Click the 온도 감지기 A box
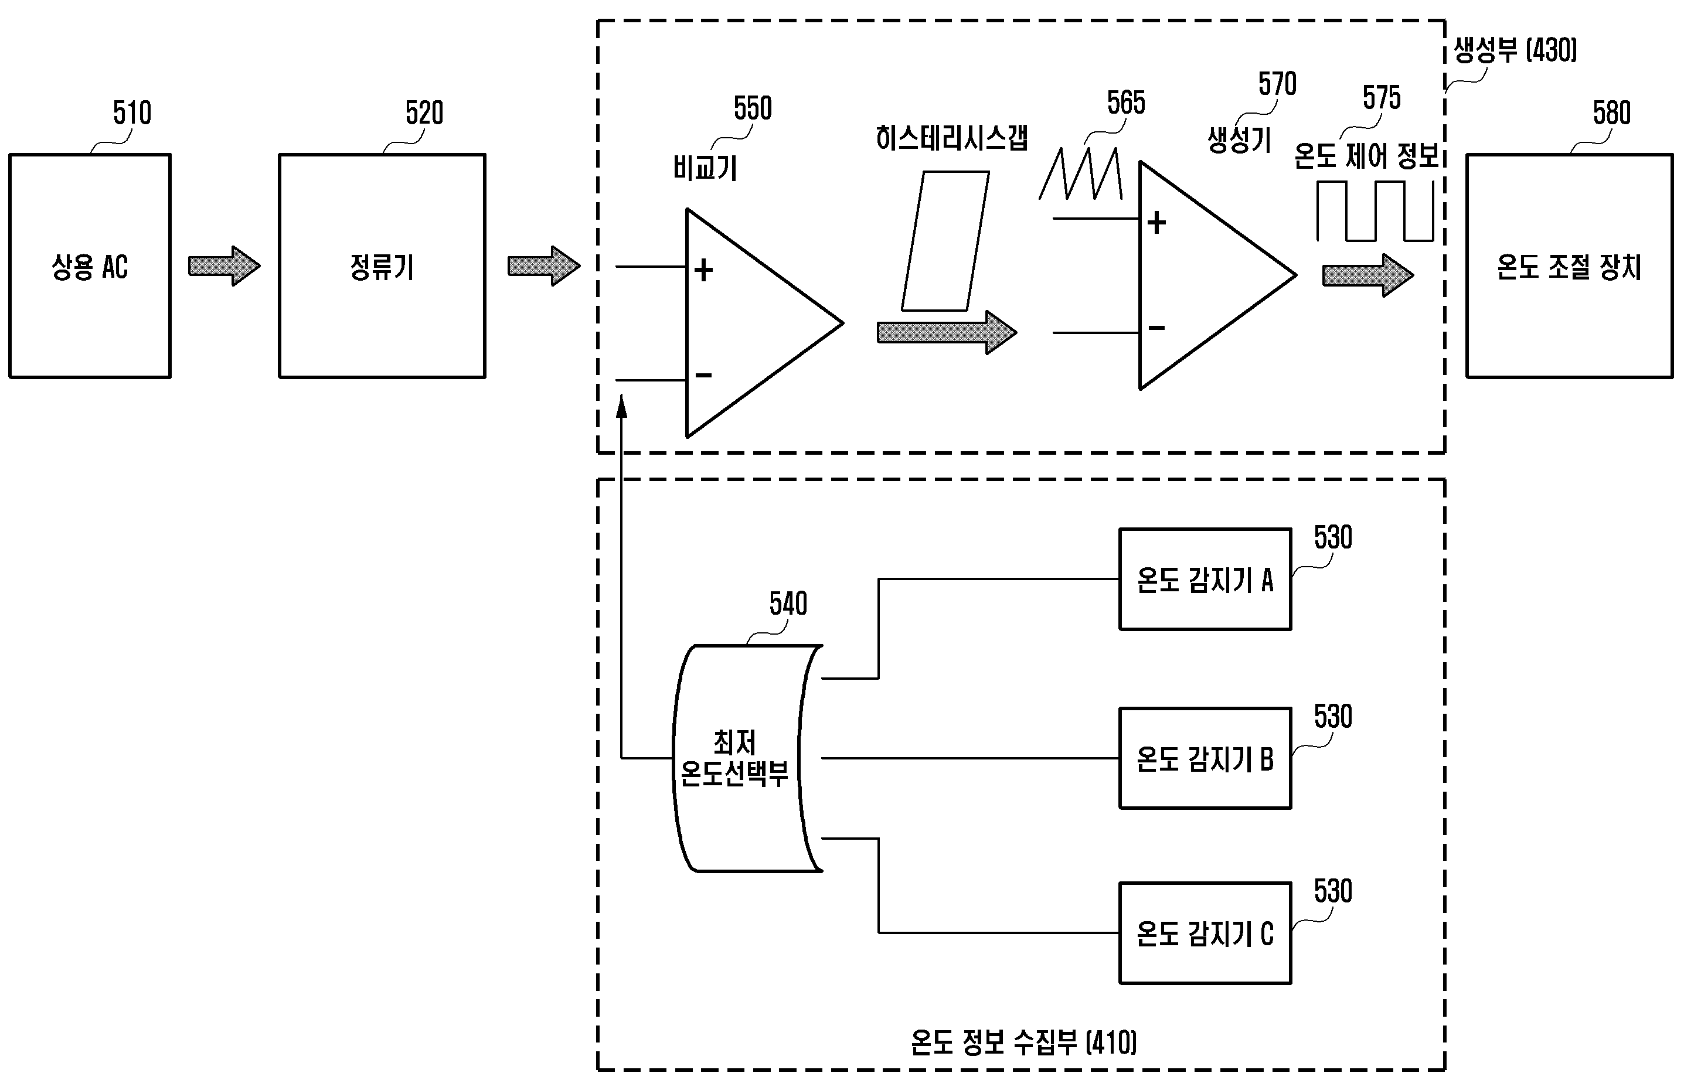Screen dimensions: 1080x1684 coord(1205,580)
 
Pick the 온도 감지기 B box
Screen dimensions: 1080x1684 coord(1205,759)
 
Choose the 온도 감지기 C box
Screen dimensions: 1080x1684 coord(1205,933)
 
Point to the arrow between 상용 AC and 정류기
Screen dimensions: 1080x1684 coord(224,267)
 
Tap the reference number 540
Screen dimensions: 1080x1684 coord(788,604)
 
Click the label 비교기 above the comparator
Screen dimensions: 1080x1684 coord(705,168)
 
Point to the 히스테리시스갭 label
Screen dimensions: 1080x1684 coord(952,138)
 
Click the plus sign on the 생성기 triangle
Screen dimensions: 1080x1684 coord(1156,223)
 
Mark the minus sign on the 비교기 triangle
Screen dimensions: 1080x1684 coord(703,376)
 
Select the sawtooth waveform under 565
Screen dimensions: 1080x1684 coord(1081,174)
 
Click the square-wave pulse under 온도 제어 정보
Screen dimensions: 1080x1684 coord(1375,211)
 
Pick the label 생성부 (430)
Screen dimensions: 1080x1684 coord(1515,50)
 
